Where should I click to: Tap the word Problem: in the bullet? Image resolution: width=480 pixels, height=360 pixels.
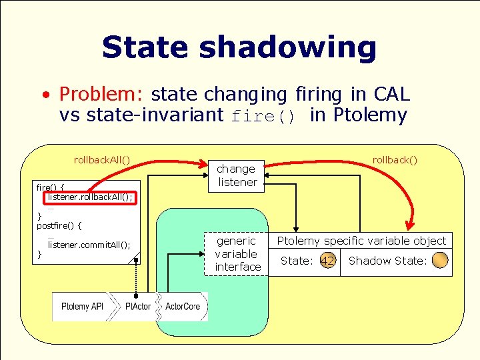102,94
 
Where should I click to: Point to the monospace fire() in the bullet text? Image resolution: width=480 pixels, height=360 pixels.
263,117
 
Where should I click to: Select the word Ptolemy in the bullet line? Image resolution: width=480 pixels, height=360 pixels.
370,115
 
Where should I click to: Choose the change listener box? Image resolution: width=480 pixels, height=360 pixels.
237,175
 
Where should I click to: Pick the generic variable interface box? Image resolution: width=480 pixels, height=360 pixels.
237,253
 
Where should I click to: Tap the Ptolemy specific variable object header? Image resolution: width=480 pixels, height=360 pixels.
361,241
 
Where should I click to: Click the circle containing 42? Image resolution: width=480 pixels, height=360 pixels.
327,261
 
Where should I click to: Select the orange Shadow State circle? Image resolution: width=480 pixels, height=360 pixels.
440,261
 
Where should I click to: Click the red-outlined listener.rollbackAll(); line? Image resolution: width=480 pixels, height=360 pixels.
90,197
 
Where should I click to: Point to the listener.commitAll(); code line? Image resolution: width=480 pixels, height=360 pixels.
89,245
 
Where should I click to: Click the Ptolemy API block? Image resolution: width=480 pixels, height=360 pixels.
81,306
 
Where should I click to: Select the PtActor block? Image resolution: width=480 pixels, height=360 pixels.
137,306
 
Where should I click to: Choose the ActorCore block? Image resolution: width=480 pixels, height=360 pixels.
182,306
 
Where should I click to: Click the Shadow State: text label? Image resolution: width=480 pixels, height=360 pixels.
387,261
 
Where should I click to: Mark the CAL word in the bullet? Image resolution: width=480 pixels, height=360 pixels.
392,94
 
